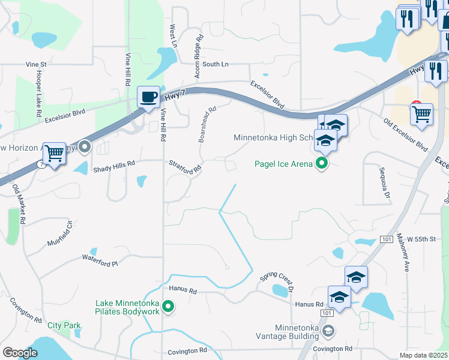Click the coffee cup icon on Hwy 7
pyautogui.click(x=148, y=97)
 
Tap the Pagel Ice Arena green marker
pyautogui.click(x=323, y=163)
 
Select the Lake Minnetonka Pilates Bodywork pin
pyautogui.click(x=169, y=308)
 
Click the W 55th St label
pyautogui.click(x=420, y=239)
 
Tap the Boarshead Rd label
pyautogui.click(x=207, y=124)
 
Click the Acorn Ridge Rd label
pyautogui.click(x=197, y=55)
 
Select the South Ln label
pyautogui.click(x=215, y=64)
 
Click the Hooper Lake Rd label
pyautogui.click(x=38, y=93)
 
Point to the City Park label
pyautogui.click(x=64, y=325)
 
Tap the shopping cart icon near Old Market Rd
pyautogui.click(x=55, y=154)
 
